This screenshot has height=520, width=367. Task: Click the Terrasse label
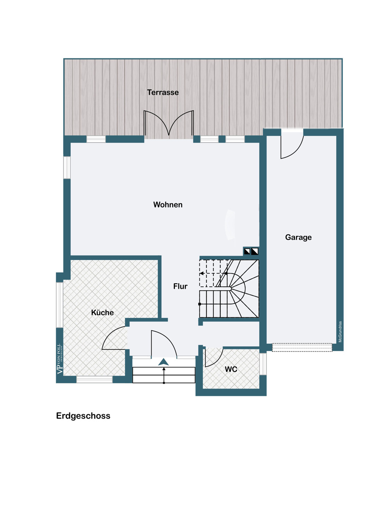click(x=163, y=93)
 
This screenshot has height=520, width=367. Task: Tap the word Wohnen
click(x=168, y=205)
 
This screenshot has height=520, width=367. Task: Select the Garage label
click(x=298, y=237)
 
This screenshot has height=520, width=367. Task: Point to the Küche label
click(x=102, y=313)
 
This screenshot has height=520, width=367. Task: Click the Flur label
click(x=180, y=286)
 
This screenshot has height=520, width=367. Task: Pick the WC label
click(x=231, y=370)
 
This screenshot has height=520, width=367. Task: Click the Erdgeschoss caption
click(x=83, y=416)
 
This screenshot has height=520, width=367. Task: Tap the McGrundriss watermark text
click(x=340, y=332)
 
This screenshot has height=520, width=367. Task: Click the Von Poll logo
click(x=60, y=359)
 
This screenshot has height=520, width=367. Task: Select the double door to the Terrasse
click(x=169, y=124)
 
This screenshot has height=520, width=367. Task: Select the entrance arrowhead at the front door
click(x=163, y=362)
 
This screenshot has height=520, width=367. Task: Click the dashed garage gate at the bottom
click(x=302, y=347)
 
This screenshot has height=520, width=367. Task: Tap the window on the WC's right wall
click(x=263, y=364)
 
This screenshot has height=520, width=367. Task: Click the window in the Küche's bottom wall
click(x=95, y=380)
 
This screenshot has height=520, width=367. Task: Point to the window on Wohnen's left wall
click(x=67, y=168)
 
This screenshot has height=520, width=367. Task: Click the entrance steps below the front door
click(x=164, y=375)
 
